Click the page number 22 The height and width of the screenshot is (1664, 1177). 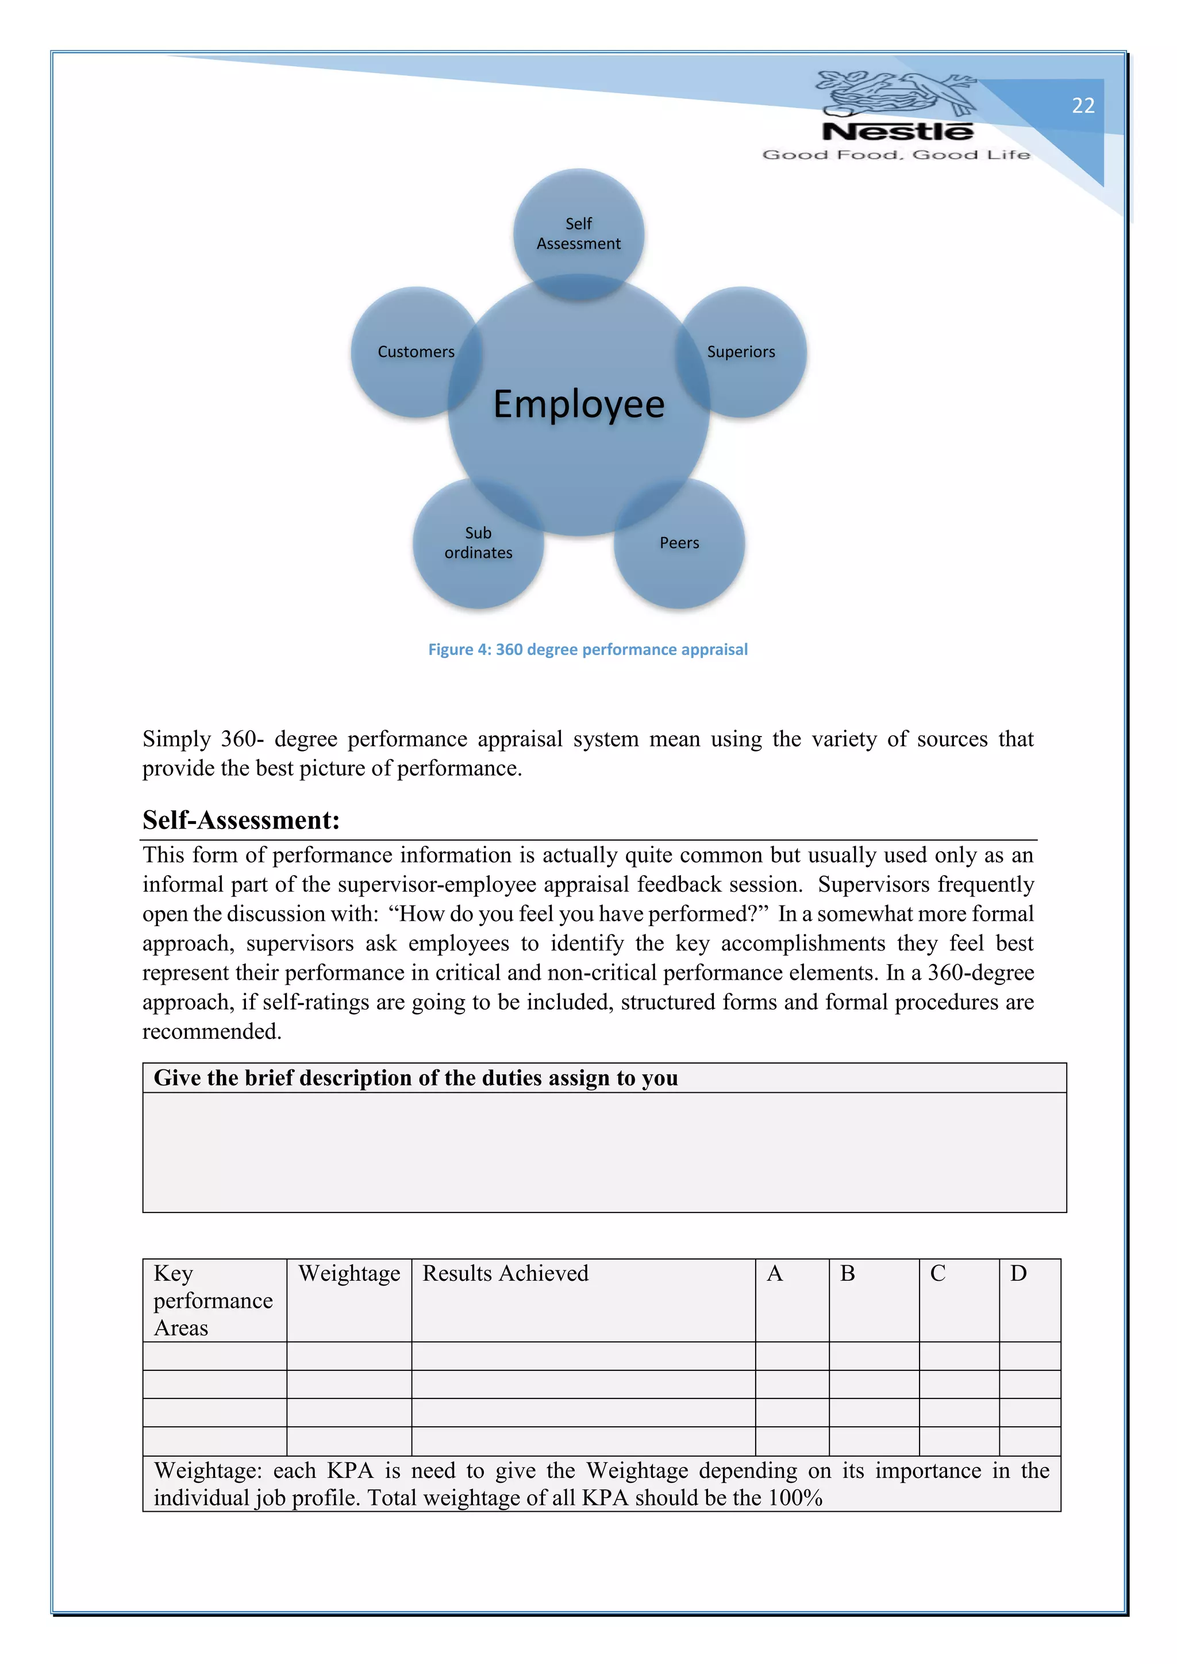(x=1083, y=106)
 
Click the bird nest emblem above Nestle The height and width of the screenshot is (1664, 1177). (x=896, y=93)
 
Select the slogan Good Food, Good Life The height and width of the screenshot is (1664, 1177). (x=896, y=155)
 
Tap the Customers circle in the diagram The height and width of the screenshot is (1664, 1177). (x=416, y=352)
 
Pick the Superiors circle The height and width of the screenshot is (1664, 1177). (x=741, y=352)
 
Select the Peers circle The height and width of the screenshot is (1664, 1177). (x=679, y=543)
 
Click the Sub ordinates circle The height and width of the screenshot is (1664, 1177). (x=478, y=543)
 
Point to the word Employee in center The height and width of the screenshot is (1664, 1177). (x=578, y=405)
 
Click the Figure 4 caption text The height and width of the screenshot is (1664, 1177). (x=588, y=649)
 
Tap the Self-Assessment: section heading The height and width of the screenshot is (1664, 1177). (x=241, y=820)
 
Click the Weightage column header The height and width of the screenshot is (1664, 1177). (x=349, y=1273)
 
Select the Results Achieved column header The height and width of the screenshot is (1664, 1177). (x=505, y=1273)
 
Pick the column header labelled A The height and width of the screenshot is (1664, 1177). (x=774, y=1273)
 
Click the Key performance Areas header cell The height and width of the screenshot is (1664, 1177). (x=213, y=1300)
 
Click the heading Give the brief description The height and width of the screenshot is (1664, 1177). (x=416, y=1078)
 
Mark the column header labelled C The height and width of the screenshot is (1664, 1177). (x=937, y=1273)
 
